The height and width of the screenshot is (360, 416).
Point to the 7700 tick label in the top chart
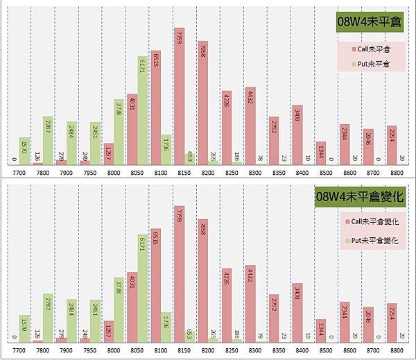click(14, 171)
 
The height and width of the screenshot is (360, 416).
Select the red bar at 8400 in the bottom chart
click(297, 313)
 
